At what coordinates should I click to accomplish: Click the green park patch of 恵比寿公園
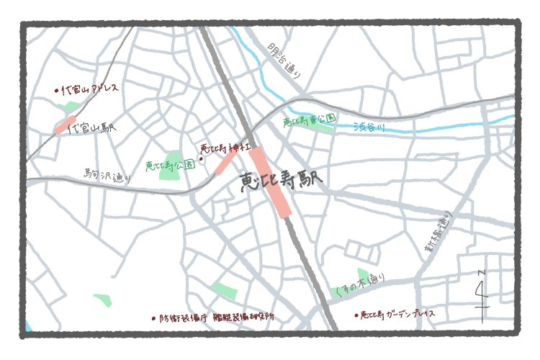pyautogui.click(x=174, y=162)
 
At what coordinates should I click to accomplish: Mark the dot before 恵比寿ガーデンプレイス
pyautogui.click(x=356, y=315)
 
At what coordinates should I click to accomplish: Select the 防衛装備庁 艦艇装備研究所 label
pyautogui.click(x=215, y=317)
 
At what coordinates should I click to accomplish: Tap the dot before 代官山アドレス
pyautogui.click(x=57, y=91)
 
